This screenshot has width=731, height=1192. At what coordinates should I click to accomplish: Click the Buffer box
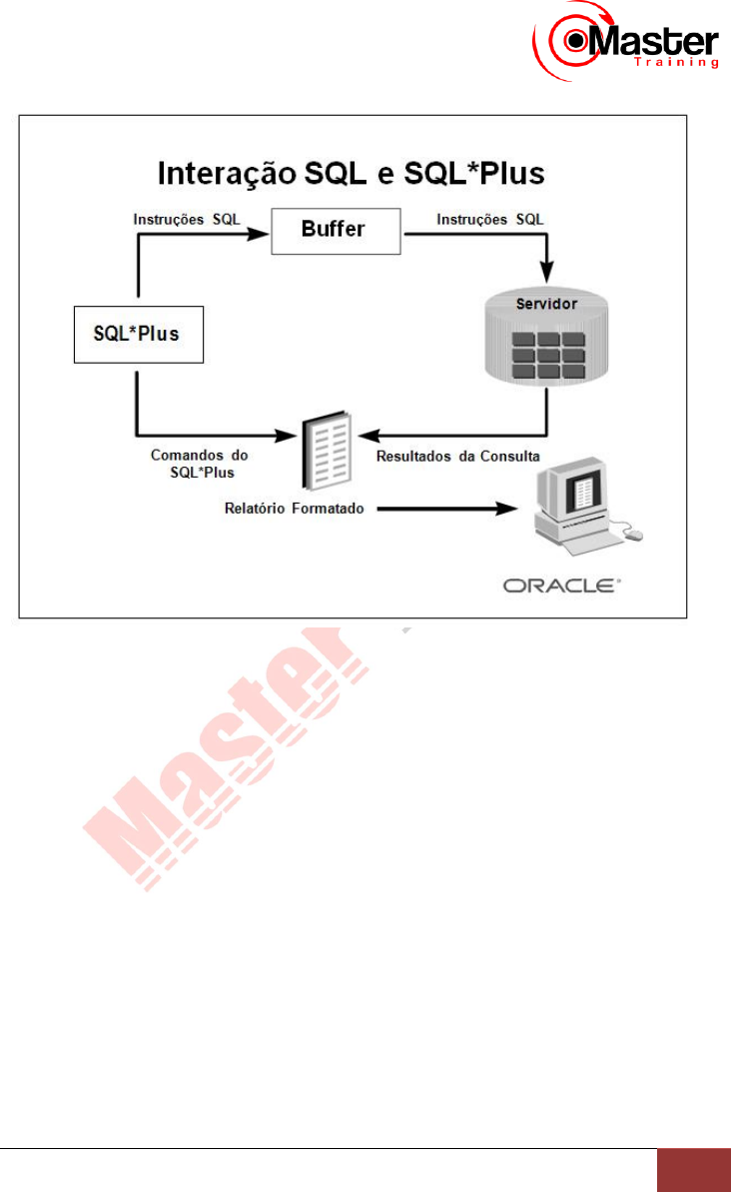point(335,229)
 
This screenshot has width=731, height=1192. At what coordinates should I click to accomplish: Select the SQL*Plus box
point(139,334)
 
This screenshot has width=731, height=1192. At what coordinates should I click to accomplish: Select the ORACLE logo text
point(560,586)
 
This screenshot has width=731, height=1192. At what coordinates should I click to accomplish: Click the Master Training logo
point(627,42)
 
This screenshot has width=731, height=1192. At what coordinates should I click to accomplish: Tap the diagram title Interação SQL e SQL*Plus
point(353,174)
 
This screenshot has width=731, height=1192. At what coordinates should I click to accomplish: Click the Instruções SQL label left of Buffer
point(187,219)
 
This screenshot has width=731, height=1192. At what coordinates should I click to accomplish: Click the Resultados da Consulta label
point(457,457)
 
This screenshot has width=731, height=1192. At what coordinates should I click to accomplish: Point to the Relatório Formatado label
point(294,508)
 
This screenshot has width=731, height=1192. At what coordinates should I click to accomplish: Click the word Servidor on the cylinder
point(544,303)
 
